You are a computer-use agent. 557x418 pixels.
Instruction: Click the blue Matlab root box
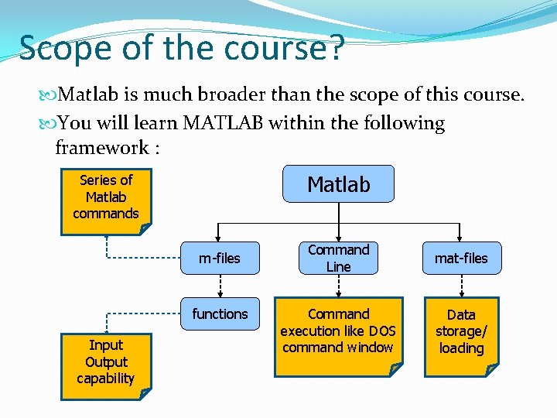click(338, 184)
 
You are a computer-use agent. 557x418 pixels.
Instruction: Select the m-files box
click(219, 258)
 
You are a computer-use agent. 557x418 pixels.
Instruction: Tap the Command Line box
click(338, 258)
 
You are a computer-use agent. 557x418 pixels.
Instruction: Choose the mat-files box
click(461, 258)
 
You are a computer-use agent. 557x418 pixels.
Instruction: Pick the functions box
click(220, 313)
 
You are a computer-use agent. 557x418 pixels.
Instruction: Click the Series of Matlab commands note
click(105, 198)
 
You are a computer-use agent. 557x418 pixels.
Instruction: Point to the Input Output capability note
click(106, 362)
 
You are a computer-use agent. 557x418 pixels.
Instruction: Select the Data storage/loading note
click(461, 333)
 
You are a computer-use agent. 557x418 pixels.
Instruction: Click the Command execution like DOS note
click(338, 333)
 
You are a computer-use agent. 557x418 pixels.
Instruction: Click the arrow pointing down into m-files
click(219, 234)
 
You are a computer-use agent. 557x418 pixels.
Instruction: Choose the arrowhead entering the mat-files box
click(461, 237)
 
